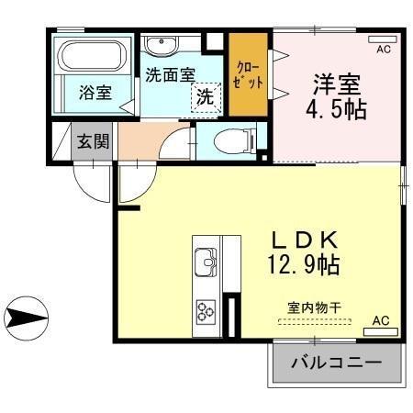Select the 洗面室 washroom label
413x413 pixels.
170,73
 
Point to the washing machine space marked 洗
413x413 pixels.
205,95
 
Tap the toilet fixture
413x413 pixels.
227,140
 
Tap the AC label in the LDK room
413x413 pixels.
381,321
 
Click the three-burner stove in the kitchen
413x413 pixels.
206,312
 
